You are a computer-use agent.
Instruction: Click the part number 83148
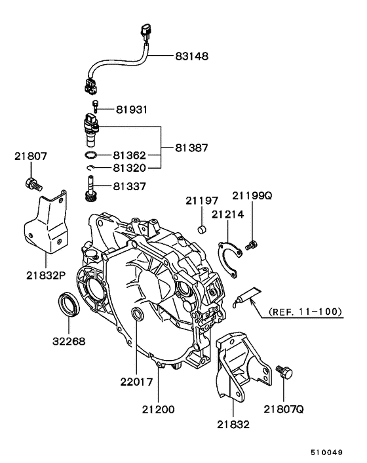pos(192,56)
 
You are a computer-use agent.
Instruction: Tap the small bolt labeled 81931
pos(96,106)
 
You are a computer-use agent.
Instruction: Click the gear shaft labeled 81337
pos(89,189)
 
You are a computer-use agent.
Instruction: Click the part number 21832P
pos(46,275)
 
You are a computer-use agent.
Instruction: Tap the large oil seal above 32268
pos(68,304)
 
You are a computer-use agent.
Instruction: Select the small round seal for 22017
pos(137,313)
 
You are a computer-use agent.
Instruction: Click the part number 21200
pos(158,410)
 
